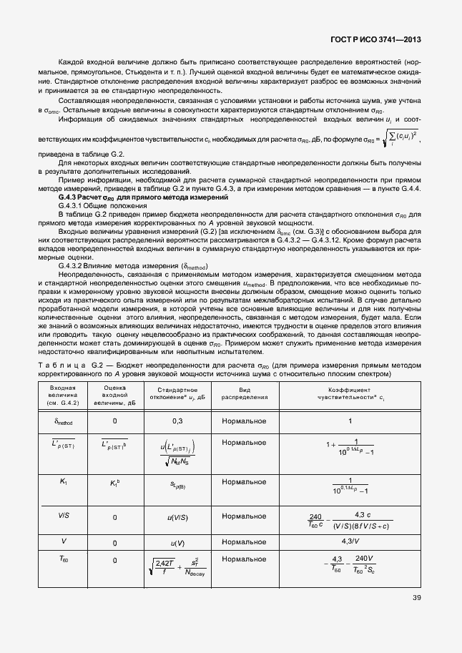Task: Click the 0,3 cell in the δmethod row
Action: (x=177, y=421)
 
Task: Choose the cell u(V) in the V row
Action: (x=177, y=543)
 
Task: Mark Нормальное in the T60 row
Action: (x=244, y=559)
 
